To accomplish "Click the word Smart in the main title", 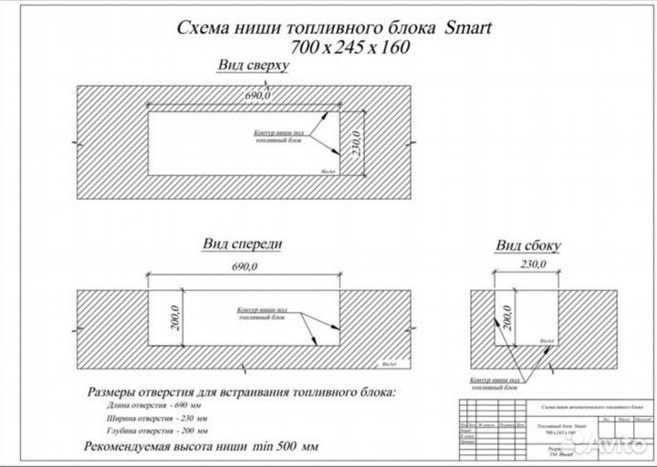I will point(467,28).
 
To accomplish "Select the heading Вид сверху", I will point(253,67).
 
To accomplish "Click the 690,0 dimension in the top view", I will point(258,95).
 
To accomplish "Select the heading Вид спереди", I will point(241,244).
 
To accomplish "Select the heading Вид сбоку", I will point(527,246).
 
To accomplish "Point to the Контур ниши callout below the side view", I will point(495,381).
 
